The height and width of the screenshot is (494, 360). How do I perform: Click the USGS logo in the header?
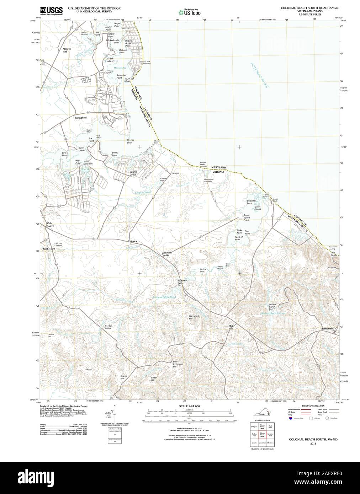tap(51, 11)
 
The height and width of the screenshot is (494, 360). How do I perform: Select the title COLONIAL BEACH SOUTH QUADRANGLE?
tap(309, 8)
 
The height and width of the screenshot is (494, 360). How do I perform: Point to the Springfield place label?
tap(80, 117)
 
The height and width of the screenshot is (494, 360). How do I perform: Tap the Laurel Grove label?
tap(133, 173)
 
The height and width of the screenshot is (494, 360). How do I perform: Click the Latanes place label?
tap(133, 241)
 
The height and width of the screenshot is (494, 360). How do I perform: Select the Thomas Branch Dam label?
tap(273, 307)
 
